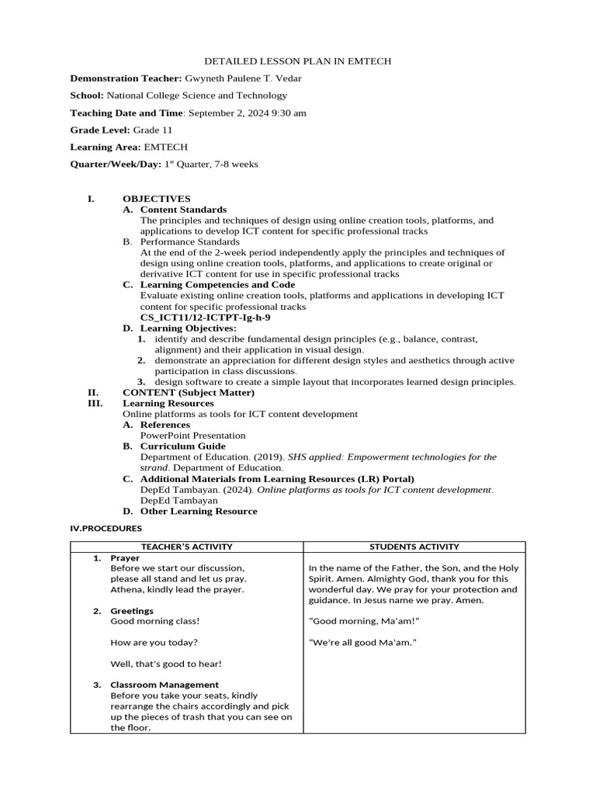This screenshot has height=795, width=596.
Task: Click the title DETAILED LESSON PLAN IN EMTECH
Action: point(297,61)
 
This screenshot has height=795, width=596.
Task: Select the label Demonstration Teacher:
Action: point(126,78)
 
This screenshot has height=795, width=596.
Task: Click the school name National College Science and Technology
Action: point(196,95)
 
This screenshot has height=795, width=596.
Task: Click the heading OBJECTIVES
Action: point(156,199)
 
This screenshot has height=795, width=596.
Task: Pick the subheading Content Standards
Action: point(183,210)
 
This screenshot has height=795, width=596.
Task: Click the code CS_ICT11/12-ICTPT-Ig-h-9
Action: point(205,318)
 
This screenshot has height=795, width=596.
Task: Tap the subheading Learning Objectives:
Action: point(188,328)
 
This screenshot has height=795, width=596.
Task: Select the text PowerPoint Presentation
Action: point(192,436)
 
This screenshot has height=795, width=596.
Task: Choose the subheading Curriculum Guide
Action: point(182,446)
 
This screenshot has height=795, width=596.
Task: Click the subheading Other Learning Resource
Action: point(198,511)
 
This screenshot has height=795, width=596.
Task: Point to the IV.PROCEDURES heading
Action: point(106,528)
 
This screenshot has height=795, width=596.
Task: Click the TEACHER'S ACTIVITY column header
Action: point(186,547)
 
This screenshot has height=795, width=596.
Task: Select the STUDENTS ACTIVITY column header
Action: point(414,547)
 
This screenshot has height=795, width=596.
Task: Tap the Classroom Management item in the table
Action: point(164,685)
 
